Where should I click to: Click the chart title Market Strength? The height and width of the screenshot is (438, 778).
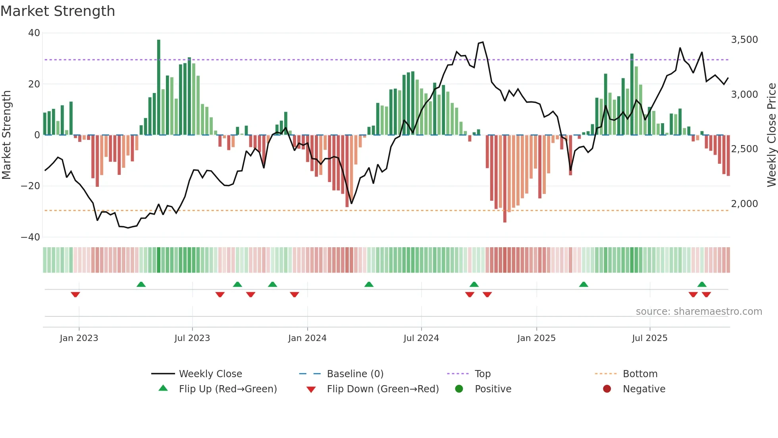(58, 11)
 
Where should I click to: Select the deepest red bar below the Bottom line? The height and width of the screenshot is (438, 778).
(505, 179)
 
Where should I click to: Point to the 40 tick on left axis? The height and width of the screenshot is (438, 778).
(34, 33)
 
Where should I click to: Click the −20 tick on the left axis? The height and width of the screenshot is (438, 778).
(31, 186)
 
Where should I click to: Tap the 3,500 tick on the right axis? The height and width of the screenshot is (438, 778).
(744, 40)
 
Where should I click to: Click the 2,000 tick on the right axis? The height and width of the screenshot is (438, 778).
(744, 204)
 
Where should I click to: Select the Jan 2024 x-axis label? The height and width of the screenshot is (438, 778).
(307, 338)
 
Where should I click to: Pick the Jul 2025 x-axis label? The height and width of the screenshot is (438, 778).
(649, 338)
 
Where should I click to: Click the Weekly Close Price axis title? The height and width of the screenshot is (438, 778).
(771, 135)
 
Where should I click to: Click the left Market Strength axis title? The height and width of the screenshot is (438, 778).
(7, 135)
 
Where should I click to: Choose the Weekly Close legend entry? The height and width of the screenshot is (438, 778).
(210, 374)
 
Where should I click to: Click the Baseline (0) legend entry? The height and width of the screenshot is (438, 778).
(355, 374)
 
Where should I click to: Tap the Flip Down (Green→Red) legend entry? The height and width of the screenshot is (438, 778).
(382, 389)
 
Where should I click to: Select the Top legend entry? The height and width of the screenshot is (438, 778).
(482, 374)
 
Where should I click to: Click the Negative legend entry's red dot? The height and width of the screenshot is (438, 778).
(607, 389)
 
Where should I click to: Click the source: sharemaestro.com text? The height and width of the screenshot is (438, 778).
(699, 312)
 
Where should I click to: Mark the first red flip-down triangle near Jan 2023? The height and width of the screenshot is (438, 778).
(75, 295)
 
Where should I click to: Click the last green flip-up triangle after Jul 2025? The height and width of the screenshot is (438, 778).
(702, 284)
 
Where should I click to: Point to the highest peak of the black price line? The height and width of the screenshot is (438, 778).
(483, 42)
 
